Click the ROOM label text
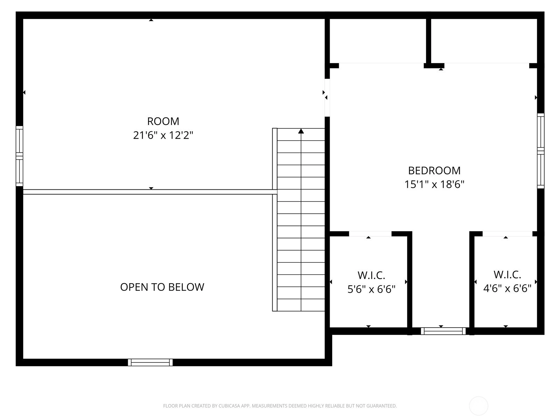click(163, 121)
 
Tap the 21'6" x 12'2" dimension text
click(163, 135)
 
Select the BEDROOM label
click(434, 170)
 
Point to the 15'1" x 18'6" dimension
click(434, 184)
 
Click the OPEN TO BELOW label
click(162, 287)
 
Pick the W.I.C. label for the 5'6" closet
click(371, 275)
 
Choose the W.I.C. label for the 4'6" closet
click(507, 275)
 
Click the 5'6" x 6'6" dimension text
click(371, 289)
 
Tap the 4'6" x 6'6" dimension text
click(507, 288)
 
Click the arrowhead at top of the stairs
click(301, 131)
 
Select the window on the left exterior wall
click(19, 156)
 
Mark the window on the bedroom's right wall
click(541, 151)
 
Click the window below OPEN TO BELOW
click(150, 362)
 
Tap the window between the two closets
click(443, 331)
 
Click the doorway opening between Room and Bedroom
click(327, 98)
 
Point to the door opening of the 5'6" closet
click(370, 234)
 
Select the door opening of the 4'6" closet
click(507, 234)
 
